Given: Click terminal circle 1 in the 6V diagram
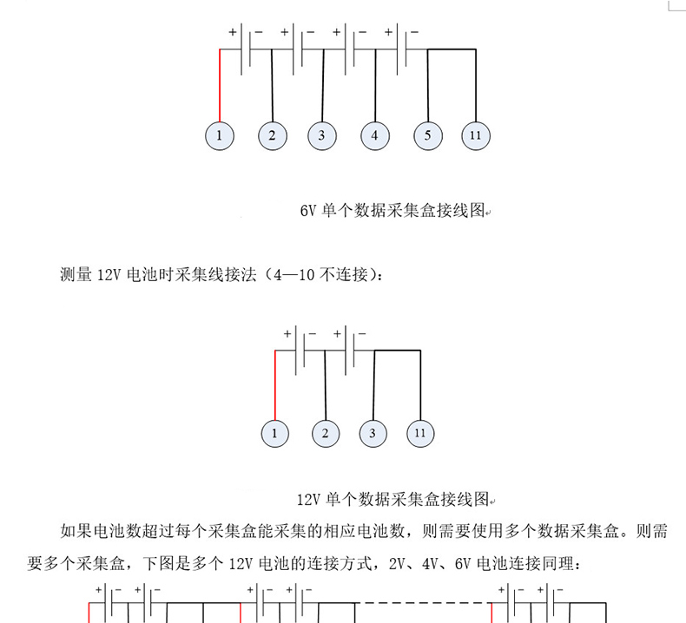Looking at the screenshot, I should [220, 135].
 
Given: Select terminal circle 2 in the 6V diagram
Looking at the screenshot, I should [272, 135].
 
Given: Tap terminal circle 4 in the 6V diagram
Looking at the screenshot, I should [374, 135].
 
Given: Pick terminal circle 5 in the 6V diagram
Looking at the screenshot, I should [428, 135].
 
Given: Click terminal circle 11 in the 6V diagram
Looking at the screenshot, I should [475, 135].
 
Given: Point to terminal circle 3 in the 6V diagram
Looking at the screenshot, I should [321, 135].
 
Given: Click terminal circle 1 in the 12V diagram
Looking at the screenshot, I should [274, 432].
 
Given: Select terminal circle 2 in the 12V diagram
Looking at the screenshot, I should [325, 432].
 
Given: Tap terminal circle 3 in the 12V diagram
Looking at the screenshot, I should [373, 432].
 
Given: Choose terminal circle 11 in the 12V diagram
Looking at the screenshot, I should [420, 432].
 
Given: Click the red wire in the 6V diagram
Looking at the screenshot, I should [220, 87].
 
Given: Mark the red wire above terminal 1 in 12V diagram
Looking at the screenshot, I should [274, 386].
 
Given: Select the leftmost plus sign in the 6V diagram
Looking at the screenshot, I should [233, 32].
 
